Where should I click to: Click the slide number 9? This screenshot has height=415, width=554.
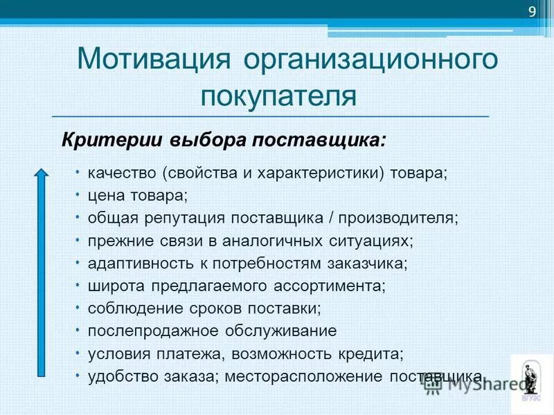click(x=532, y=11)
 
